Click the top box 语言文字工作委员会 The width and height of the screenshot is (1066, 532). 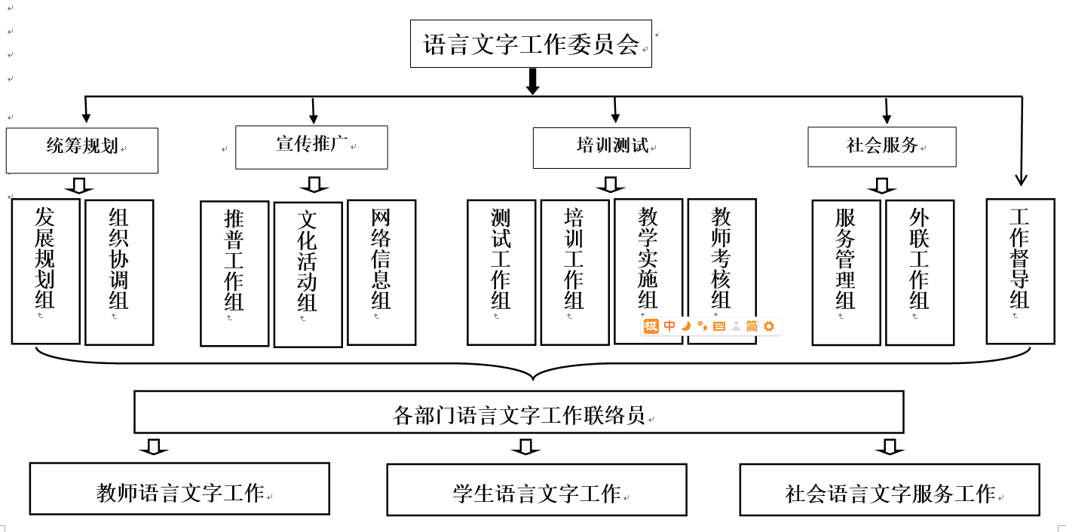coord(531,44)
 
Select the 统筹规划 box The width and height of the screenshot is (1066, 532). coord(82,150)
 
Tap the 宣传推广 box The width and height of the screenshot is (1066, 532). coord(311,146)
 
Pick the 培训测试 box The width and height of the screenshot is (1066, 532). coord(611,147)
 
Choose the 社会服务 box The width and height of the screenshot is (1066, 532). coord(881,146)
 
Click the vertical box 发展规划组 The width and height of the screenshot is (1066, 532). coord(46,271)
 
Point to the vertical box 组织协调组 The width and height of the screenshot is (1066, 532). coord(119,272)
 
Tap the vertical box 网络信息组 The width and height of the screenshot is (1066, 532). coord(381,272)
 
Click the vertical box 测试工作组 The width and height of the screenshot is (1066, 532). coord(501,272)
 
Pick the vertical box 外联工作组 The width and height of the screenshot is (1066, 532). coord(920,272)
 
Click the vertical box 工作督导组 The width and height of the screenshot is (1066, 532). coord(1020,271)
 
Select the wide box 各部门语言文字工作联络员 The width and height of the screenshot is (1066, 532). coord(519,412)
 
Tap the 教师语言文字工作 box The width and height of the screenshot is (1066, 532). coord(179,489)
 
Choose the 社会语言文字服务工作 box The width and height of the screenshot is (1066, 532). coord(890,489)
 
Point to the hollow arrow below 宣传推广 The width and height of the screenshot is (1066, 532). coord(314,185)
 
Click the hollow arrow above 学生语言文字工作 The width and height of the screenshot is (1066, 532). coord(525,447)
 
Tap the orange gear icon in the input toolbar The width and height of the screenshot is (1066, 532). coord(769,326)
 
